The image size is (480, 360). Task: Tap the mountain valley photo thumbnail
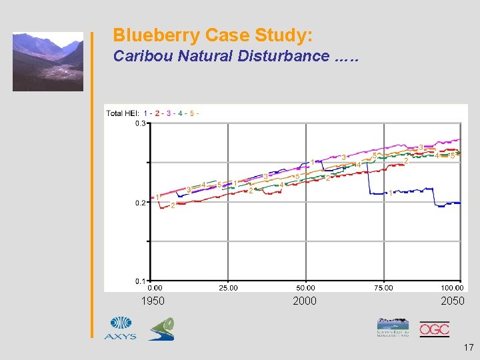tap(48, 62)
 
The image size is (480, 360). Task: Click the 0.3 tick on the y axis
tap(141, 123)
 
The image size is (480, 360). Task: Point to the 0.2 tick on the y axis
tap(141, 203)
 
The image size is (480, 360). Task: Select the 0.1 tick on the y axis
tap(141, 281)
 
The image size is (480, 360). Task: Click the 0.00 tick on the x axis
tap(154, 288)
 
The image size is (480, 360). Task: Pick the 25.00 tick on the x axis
tap(229, 288)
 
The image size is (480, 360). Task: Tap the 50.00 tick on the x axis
tap(306, 288)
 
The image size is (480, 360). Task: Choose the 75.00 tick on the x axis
tap(383, 288)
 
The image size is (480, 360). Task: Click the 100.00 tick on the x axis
tap(452, 288)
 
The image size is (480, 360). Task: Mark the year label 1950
tap(153, 301)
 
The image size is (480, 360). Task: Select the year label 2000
tap(305, 301)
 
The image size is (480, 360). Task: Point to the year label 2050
tap(453, 301)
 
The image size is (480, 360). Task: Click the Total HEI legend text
tap(123, 113)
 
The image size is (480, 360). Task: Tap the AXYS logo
tap(120, 328)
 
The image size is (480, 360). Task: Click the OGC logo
tap(434, 329)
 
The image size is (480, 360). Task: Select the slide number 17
tap(467, 347)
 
